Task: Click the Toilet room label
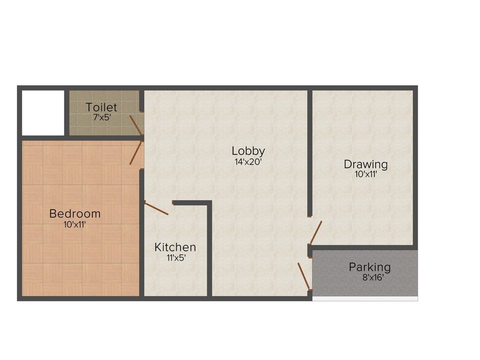[101, 107]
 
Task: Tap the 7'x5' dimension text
[101, 117]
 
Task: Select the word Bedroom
[75, 214]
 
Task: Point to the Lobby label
[248, 151]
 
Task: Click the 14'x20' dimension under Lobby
[248, 162]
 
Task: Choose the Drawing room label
[366, 165]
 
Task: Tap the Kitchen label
[175, 247]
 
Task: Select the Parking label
[369, 267]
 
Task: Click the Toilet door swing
[135, 125]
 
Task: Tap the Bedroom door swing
[135, 153]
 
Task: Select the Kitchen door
[156, 208]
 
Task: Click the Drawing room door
[315, 233]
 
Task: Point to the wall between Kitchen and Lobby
[210, 248]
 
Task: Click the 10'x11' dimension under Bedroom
[75, 225]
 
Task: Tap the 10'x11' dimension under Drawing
[366, 175]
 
